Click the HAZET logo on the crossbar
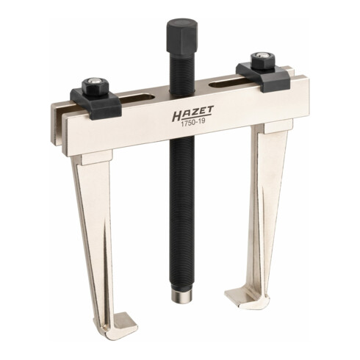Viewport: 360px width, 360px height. click(x=192, y=114)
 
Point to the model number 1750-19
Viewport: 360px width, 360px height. click(x=192, y=124)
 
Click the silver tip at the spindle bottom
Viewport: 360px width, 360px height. click(x=181, y=295)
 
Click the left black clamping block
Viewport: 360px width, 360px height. click(x=96, y=104)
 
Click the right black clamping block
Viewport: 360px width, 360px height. click(x=264, y=76)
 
